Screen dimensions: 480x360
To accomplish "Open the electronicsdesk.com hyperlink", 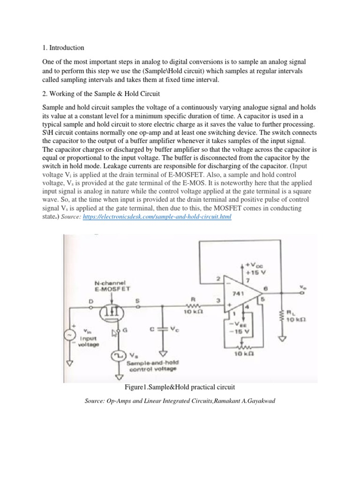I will coord(157,218).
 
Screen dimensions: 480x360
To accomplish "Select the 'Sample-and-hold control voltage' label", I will coord(150,366).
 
